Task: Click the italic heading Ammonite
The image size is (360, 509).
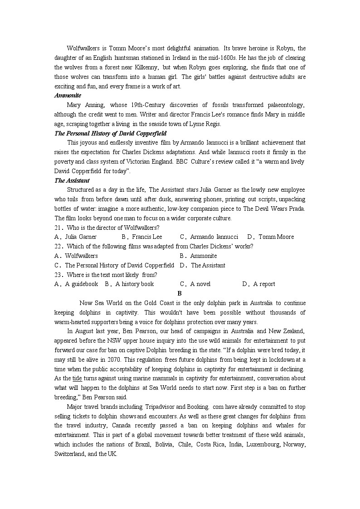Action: tap(68, 96)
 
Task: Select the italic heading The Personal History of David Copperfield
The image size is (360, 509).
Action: tap(110, 133)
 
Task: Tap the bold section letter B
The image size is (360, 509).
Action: tap(180, 293)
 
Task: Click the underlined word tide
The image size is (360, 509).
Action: tap(77, 378)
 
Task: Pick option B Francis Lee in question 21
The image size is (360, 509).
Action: tap(142, 237)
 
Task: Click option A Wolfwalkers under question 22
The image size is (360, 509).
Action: tap(76, 256)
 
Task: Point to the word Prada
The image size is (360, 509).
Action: tap(296, 208)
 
